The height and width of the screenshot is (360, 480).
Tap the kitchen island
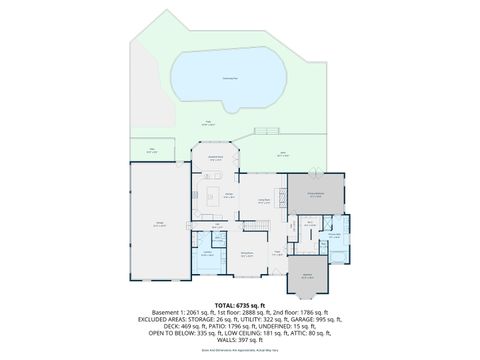(x=213, y=196)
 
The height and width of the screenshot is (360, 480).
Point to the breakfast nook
(x=214, y=159)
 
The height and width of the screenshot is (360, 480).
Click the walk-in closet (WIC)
(x=311, y=226)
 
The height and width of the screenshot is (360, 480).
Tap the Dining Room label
(x=265, y=203)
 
